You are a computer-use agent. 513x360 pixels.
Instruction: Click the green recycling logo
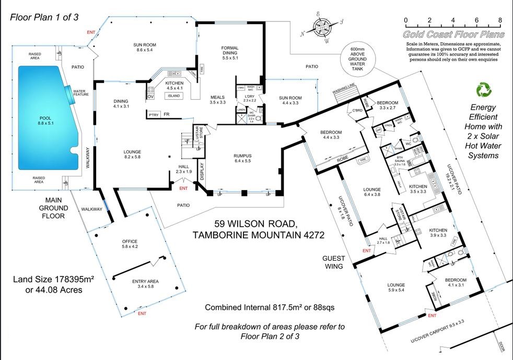click(x=483, y=90)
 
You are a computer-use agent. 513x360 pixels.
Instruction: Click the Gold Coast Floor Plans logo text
click(x=453, y=34)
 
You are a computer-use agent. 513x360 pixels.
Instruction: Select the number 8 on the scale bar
click(x=500, y=20)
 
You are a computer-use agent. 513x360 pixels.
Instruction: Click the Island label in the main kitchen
click(x=173, y=96)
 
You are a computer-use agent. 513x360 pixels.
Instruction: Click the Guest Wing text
click(x=332, y=262)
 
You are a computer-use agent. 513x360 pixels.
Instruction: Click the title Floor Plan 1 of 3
click(x=44, y=17)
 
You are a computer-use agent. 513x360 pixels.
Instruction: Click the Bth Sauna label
click(x=400, y=161)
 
